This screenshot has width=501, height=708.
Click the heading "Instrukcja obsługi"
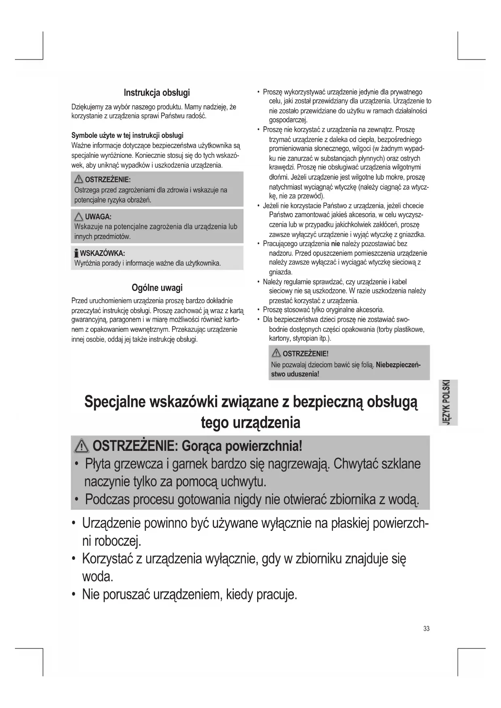pyautogui.click(x=157, y=92)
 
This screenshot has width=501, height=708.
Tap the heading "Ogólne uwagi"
pyautogui.click(x=157, y=288)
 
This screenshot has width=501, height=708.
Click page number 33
pyautogui.click(x=426, y=628)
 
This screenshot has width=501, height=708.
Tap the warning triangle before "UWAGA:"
pyautogui.click(x=78, y=216)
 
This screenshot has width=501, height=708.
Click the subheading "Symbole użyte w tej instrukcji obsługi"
pyautogui.click(x=127, y=135)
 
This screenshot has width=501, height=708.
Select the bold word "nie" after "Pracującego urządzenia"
pyautogui.click(x=335, y=244)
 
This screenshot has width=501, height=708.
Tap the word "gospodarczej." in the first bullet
pyautogui.click(x=288, y=120)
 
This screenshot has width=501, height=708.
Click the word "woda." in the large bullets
pyautogui.click(x=97, y=576)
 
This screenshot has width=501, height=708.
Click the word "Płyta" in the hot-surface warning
pyautogui.click(x=98, y=464)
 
